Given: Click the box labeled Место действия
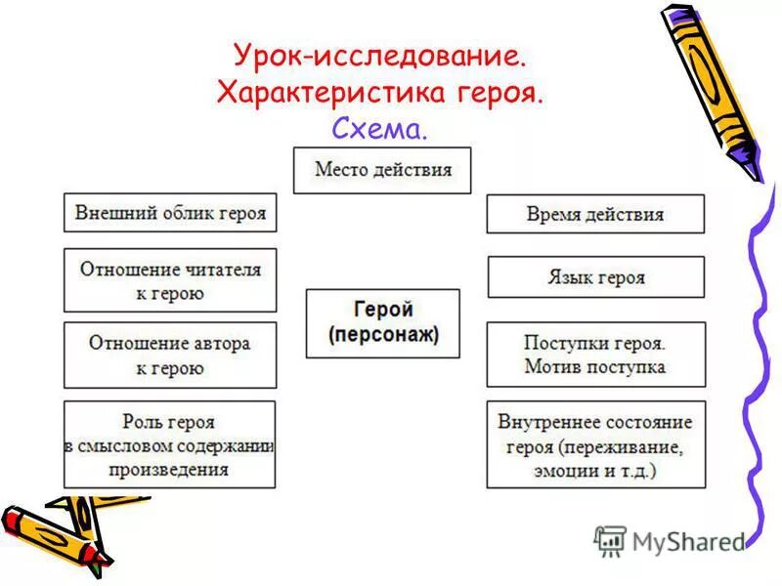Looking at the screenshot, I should point(382,170).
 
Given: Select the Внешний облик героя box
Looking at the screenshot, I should point(170,212).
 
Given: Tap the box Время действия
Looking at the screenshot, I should point(594,214).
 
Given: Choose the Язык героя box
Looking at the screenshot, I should point(595,277).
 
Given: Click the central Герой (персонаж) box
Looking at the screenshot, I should point(382,323).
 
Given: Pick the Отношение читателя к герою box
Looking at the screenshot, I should point(170,280).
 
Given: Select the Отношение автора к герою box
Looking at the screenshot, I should point(170,355).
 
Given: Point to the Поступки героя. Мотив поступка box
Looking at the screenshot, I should point(594,355).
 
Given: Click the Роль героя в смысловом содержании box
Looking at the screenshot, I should point(170,444).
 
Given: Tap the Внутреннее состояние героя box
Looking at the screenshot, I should point(594,444).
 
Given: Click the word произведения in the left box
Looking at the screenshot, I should point(170,469).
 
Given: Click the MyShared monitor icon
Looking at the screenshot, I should point(610,540).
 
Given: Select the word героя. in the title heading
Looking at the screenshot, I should point(500,93).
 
